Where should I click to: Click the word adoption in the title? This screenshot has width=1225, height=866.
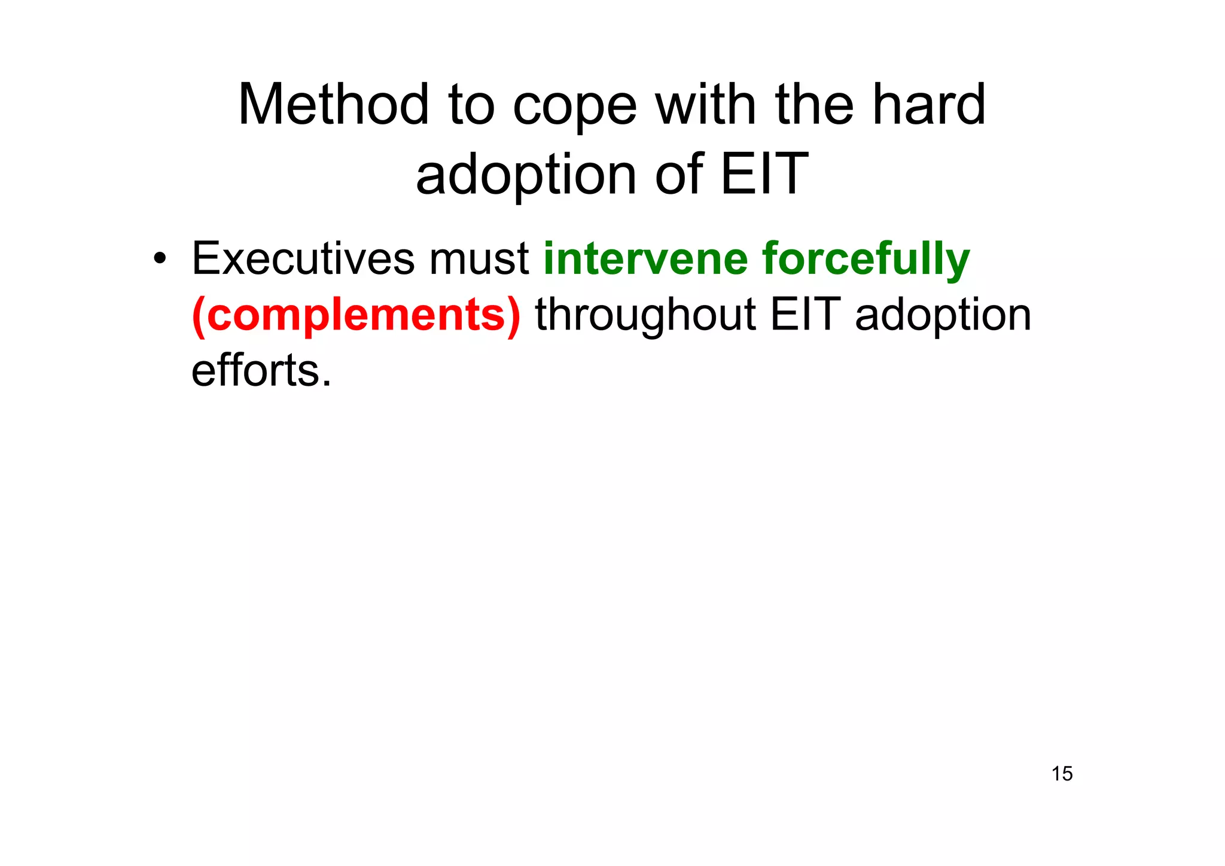point(526,175)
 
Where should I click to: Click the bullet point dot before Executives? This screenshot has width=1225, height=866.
point(159,260)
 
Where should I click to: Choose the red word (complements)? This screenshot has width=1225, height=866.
point(356,316)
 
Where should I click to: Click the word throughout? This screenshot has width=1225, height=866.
point(645,316)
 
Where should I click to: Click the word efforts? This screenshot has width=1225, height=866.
point(261,370)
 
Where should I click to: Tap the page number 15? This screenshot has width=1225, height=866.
point(1062,774)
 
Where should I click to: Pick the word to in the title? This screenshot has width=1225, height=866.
point(471,106)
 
